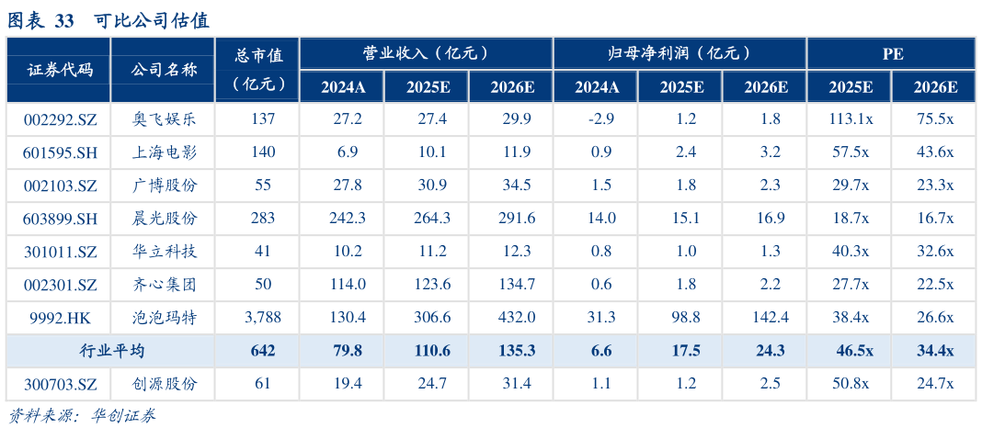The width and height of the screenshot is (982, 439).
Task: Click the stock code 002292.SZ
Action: [x=60, y=118]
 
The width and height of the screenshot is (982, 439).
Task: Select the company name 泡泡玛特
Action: [x=165, y=317]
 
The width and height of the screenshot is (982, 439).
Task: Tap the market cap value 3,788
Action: [x=263, y=317]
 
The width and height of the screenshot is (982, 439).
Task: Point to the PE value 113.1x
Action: [x=851, y=118]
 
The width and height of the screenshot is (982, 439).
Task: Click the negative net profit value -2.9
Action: [x=598, y=118]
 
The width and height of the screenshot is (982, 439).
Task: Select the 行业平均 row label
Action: [x=111, y=351]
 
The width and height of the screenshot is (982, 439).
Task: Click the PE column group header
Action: [x=892, y=53]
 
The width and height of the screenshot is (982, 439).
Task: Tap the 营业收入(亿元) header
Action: [x=426, y=53]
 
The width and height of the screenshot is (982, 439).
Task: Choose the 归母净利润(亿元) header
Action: [x=679, y=53]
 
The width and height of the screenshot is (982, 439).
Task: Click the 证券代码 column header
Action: [x=60, y=70]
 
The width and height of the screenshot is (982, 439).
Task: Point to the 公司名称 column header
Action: [x=165, y=70]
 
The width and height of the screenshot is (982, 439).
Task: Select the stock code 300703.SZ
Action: [x=60, y=383]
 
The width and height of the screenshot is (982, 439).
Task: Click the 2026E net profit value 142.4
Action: [x=766, y=317]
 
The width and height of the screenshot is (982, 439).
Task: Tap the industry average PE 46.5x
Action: [x=851, y=351]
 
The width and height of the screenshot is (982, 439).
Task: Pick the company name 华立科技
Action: [x=165, y=251]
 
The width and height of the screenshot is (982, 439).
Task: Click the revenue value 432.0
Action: [x=512, y=317]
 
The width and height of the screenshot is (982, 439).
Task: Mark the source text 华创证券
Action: [x=124, y=416]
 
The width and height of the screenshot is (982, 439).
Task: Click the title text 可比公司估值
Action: [x=152, y=20]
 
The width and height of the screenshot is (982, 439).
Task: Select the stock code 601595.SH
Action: [x=60, y=152]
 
